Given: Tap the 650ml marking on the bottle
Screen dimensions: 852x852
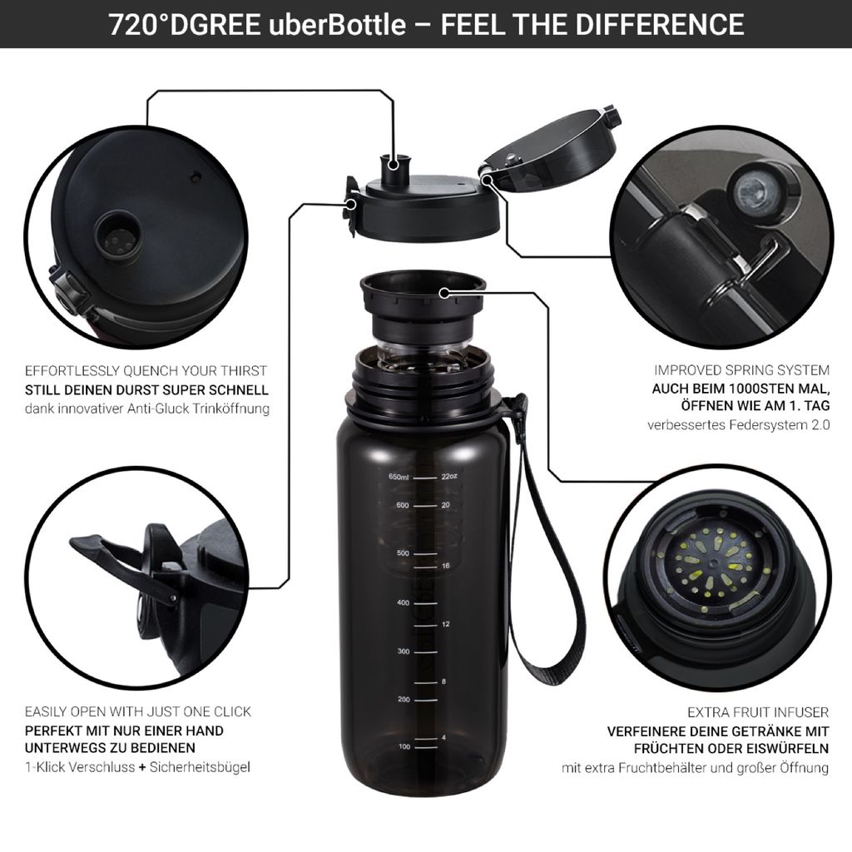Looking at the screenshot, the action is (399, 477).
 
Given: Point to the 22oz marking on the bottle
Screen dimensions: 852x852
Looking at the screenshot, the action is (449, 477).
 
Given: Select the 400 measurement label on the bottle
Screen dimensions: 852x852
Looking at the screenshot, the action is (403, 602).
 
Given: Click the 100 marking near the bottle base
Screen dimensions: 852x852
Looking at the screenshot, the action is (404, 746).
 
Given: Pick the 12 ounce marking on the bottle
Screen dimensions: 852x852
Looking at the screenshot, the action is (446, 624).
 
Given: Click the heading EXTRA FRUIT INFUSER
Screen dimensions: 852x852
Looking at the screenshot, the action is (758, 712).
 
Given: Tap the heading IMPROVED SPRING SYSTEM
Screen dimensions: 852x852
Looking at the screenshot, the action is (741, 370).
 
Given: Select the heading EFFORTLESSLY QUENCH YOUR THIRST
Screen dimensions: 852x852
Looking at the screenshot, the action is (146, 371).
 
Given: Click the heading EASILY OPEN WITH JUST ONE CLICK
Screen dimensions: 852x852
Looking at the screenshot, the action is (138, 712).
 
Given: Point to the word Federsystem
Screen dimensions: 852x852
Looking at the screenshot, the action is (767, 424).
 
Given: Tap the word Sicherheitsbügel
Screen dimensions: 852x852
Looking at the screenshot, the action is (200, 767).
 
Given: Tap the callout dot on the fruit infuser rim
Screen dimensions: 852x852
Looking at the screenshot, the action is (444, 294).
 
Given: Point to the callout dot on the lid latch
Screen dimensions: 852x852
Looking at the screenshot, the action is (352, 205).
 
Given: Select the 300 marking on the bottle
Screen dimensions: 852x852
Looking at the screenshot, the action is (404, 651).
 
